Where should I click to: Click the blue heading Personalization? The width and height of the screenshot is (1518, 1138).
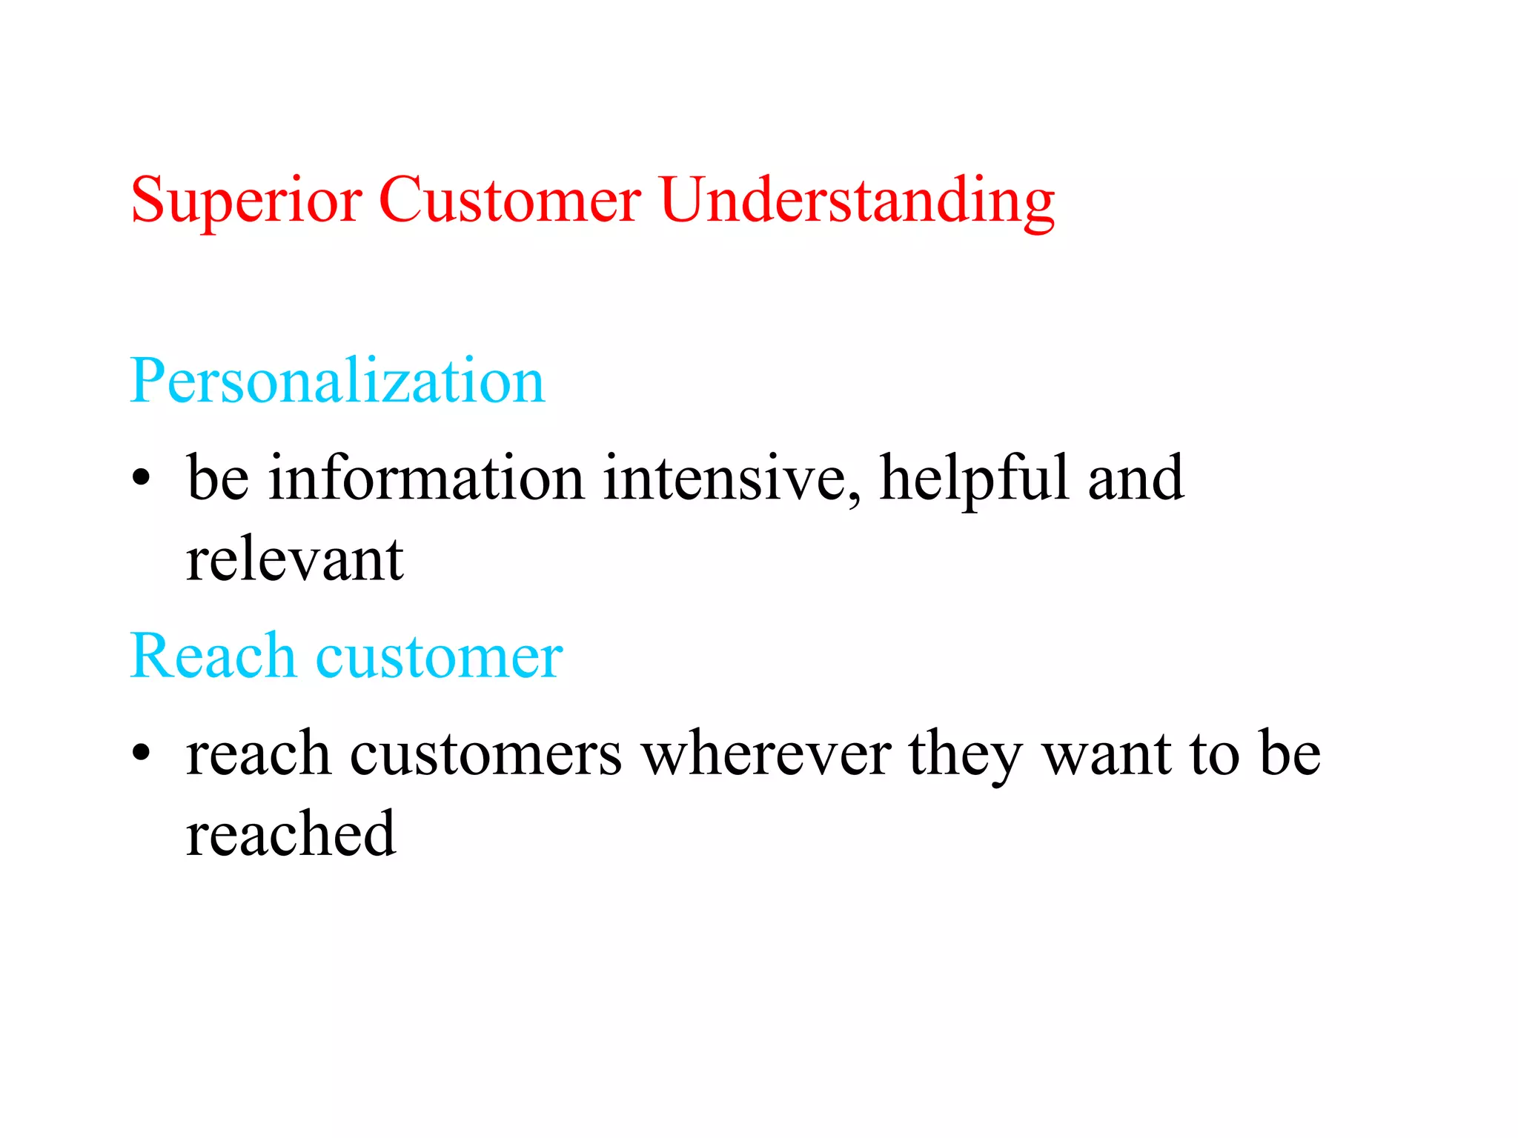(x=337, y=381)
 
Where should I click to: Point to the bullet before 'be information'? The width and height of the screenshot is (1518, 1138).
(x=141, y=477)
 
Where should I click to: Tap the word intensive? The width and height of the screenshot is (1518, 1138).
(x=723, y=477)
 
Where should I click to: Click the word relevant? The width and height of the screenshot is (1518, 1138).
(x=294, y=559)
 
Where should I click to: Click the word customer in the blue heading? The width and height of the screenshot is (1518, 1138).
(x=440, y=657)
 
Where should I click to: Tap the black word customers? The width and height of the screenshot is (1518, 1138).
(x=485, y=754)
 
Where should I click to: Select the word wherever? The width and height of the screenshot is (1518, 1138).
(x=766, y=754)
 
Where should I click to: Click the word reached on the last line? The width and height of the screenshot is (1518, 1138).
(x=291, y=834)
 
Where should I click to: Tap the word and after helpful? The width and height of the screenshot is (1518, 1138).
(x=1136, y=477)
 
